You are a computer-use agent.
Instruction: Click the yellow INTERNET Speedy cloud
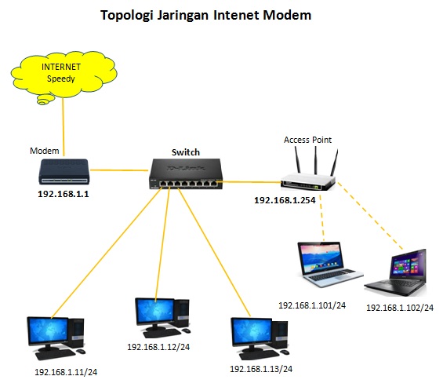point(64,76)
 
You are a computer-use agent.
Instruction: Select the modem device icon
point(64,172)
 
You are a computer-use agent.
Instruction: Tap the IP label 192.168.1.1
point(64,194)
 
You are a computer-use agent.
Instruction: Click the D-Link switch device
point(186,173)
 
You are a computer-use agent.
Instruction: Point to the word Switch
point(186,152)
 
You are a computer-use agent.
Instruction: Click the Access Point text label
point(307,140)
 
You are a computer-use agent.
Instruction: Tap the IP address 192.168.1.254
point(285,200)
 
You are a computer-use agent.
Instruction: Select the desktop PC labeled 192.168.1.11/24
point(56,338)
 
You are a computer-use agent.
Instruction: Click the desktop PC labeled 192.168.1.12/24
point(162,318)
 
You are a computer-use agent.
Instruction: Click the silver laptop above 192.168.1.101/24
point(330,265)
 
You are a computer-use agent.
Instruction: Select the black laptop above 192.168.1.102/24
point(396,273)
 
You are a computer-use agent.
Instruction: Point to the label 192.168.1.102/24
point(400,308)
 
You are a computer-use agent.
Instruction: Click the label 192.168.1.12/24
point(158,347)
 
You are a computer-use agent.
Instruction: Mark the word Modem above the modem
point(45,151)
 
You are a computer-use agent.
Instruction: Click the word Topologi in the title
point(127,16)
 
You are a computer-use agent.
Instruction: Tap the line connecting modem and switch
point(119,170)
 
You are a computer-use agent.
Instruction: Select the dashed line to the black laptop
point(370,216)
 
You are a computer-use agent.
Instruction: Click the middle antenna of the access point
point(315,160)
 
